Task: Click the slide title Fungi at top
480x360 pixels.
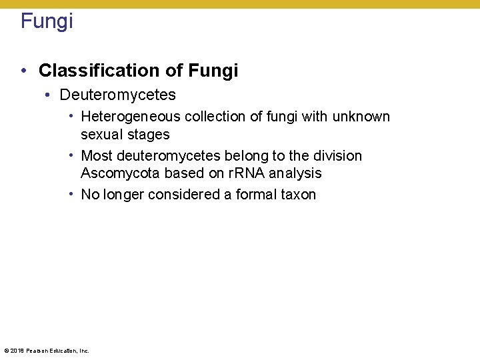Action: pyautogui.click(x=47, y=21)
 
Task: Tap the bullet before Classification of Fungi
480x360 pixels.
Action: pyautogui.click(x=23, y=71)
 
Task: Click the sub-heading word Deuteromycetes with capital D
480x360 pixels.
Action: pyautogui.click(x=117, y=95)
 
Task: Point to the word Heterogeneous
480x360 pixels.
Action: pyautogui.click(x=131, y=117)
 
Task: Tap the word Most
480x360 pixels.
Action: pyautogui.click(x=97, y=156)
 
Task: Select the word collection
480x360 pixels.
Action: pyautogui.click(x=214, y=117)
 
